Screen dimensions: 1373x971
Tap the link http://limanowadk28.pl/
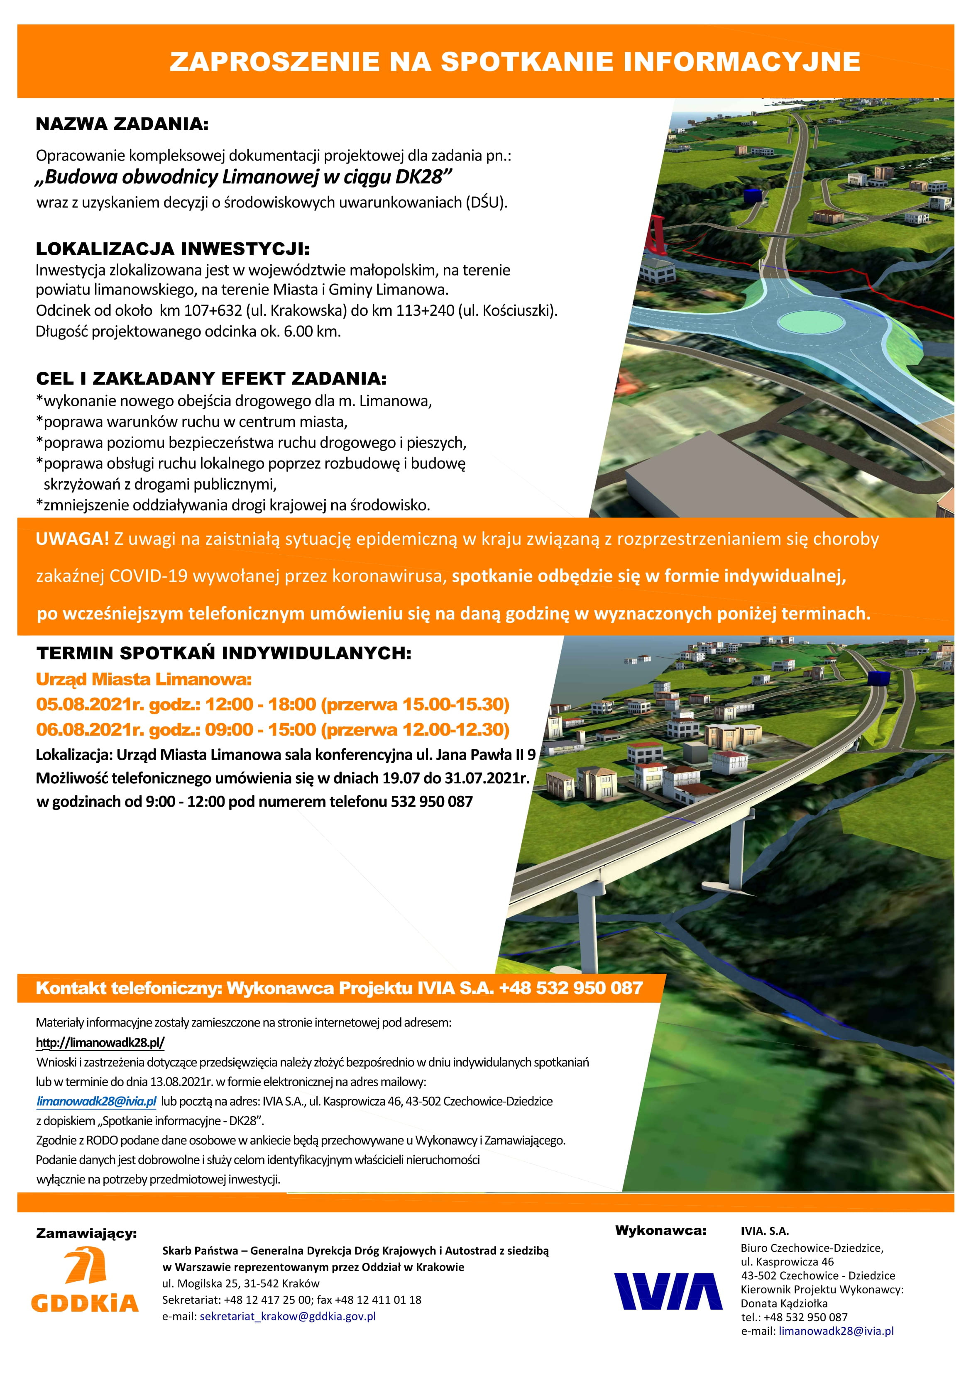point(100,1042)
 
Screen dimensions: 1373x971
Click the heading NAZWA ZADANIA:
point(122,124)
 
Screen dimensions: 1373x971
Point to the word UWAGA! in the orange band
point(72,539)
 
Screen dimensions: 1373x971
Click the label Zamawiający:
point(86,1233)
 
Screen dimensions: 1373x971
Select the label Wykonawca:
point(660,1231)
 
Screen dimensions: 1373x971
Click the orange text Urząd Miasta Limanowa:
point(144,679)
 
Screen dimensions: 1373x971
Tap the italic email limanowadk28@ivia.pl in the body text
point(96,1101)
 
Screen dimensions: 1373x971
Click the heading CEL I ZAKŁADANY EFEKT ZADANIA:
point(211,378)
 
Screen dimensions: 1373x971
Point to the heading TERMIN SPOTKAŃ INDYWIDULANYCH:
point(224,653)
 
